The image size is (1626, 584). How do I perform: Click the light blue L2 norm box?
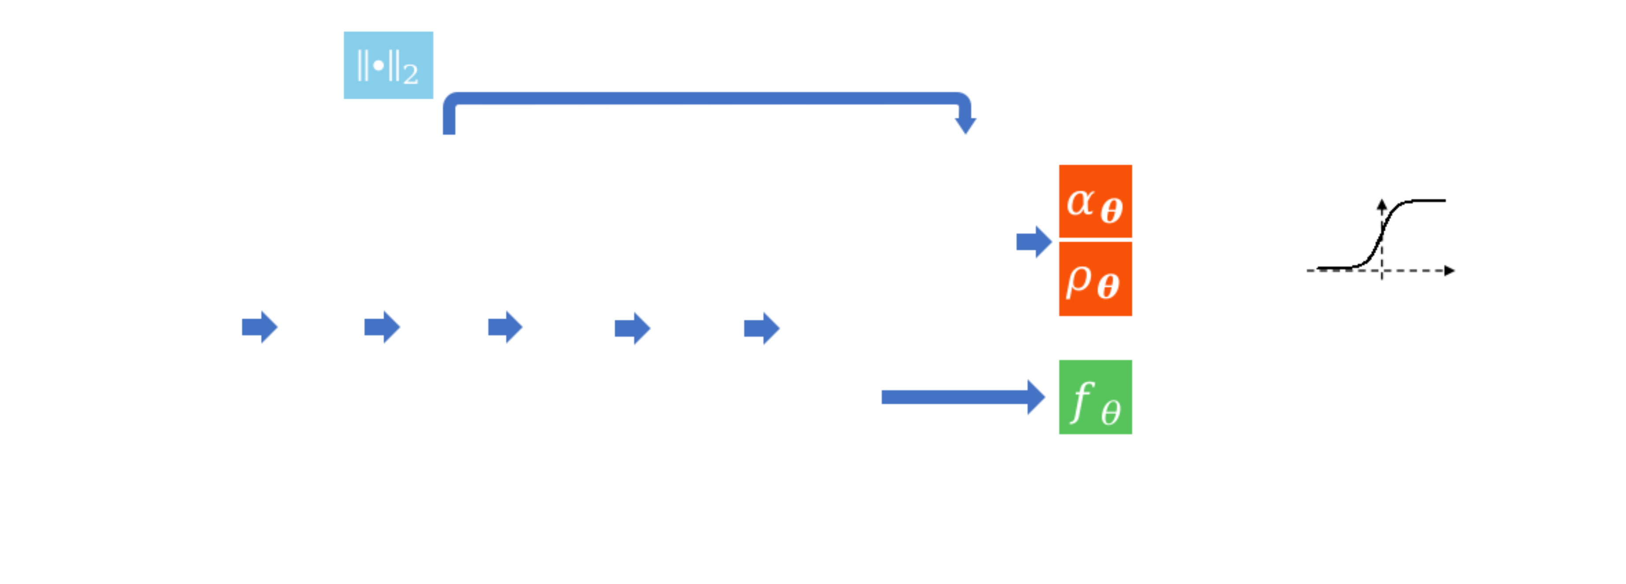tap(388, 65)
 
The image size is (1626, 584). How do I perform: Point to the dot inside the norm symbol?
tap(379, 65)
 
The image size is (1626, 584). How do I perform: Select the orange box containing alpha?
tap(1095, 201)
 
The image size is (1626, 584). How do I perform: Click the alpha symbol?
tap(1079, 202)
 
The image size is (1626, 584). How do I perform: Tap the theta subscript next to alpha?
tap(1111, 210)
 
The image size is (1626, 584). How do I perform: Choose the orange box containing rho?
tap(1095, 279)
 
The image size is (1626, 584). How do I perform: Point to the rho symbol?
tap(1078, 279)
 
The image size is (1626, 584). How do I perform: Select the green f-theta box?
tap(1095, 397)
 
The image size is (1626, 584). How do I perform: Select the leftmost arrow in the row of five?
tap(259, 327)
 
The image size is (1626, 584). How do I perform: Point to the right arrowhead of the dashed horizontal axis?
tap(1450, 270)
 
